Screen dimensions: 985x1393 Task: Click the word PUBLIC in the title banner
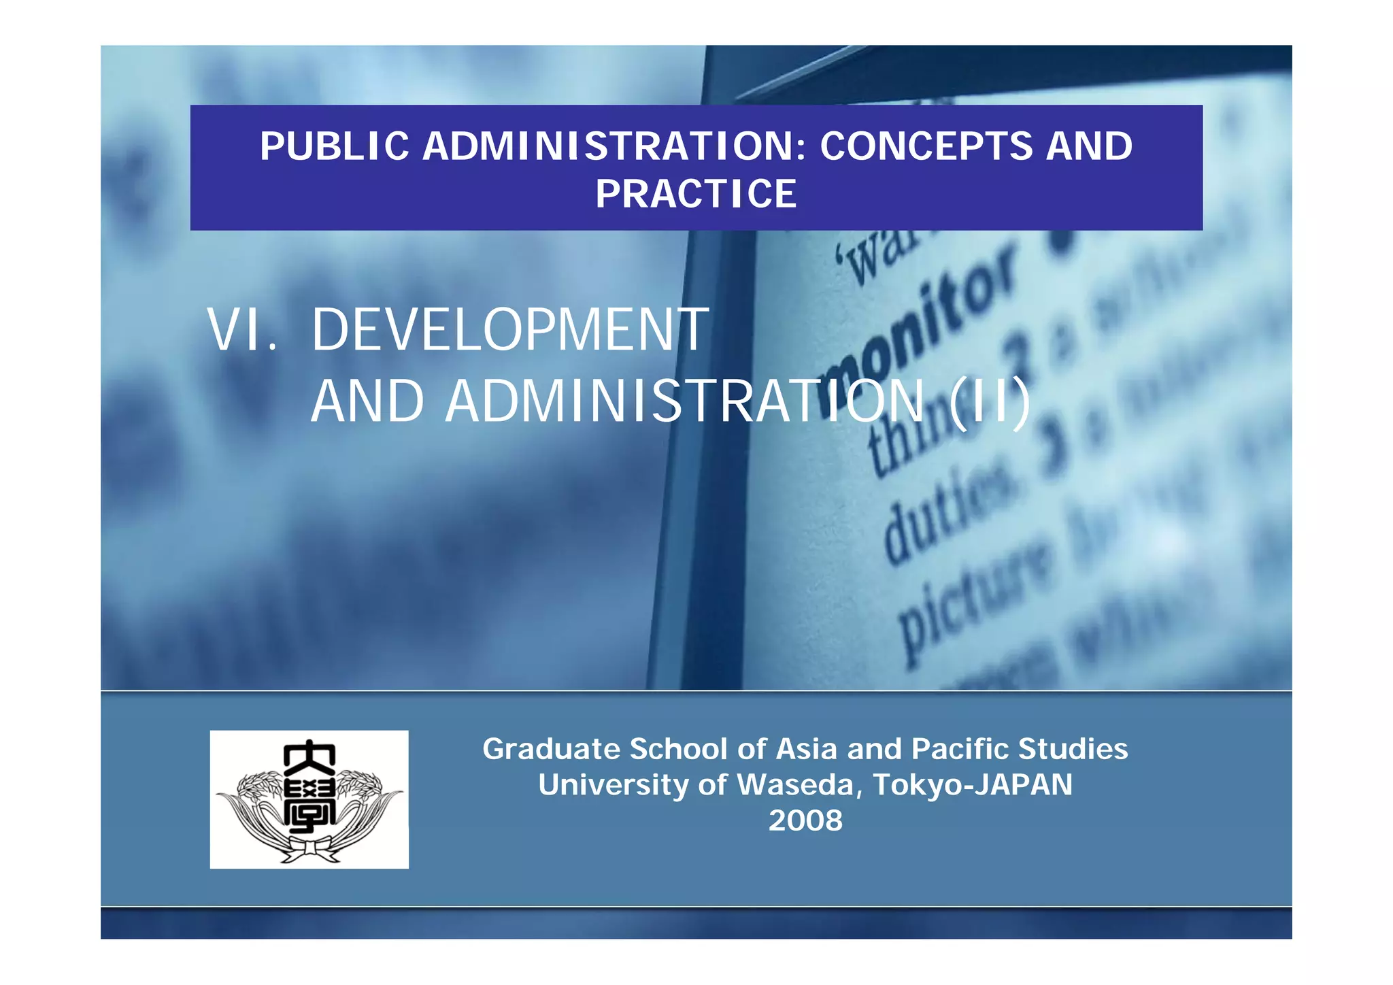(334, 146)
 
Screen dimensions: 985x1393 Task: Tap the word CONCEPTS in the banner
(926, 146)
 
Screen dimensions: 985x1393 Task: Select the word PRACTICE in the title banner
(696, 194)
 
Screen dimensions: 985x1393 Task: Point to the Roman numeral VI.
(242, 330)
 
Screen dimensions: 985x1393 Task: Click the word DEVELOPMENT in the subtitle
(510, 330)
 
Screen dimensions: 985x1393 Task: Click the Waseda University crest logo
(309, 799)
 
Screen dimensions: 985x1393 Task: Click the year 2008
(805, 820)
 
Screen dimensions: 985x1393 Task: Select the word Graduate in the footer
(550, 749)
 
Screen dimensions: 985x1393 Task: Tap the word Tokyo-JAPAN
(973, 785)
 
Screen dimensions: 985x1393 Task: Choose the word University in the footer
(613, 785)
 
